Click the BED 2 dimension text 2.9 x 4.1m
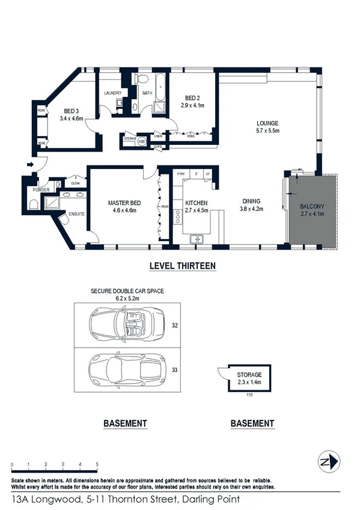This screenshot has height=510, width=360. (x=193, y=105)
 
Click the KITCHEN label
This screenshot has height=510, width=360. (x=197, y=203)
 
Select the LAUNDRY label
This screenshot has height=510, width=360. (x=113, y=93)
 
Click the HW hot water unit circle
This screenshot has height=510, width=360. (x=142, y=141)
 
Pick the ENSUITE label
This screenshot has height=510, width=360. (x=76, y=214)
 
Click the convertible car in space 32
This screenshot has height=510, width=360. (x=125, y=326)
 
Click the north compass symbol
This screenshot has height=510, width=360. (x=326, y=462)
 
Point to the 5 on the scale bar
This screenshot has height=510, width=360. (x=97, y=465)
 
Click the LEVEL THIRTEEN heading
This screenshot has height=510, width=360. (x=182, y=265)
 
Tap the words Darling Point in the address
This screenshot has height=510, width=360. (x=208, y=500)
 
